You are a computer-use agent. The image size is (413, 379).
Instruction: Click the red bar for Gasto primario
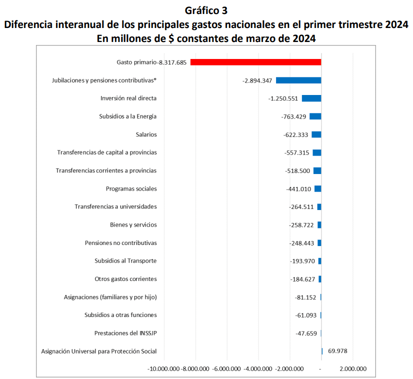255,62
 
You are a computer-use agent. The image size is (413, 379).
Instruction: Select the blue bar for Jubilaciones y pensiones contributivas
298,80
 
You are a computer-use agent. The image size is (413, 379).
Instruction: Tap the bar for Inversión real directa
311,98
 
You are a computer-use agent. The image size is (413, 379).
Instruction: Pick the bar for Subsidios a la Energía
315,116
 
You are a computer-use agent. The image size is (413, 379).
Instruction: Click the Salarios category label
146,134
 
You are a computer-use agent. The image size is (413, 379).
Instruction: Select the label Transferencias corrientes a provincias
106,170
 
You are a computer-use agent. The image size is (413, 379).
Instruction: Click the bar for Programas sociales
318,188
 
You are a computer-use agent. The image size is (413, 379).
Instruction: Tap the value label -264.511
301,207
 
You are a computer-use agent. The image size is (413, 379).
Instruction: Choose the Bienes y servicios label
133,225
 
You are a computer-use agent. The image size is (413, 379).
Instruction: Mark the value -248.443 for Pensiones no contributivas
301,243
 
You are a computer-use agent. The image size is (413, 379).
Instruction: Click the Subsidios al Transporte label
125,261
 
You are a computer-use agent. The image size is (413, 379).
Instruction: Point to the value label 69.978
337,351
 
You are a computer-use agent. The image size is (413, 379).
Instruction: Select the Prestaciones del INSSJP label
125,333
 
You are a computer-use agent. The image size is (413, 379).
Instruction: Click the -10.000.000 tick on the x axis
164,369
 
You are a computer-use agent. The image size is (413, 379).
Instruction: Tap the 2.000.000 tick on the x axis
352,369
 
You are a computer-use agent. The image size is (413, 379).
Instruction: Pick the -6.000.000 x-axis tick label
226,369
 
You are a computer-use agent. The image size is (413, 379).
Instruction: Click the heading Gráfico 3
206,10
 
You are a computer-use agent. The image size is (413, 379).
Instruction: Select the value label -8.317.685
172,62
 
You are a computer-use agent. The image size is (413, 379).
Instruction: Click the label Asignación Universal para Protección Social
99,351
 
